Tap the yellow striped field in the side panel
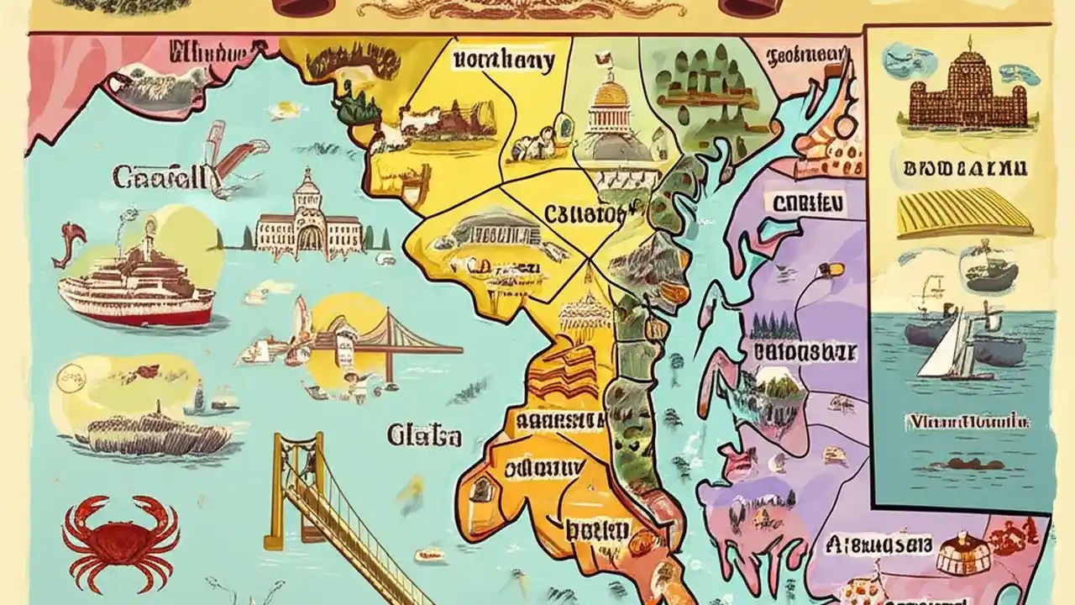(962, 212)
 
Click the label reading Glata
(424, 435)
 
